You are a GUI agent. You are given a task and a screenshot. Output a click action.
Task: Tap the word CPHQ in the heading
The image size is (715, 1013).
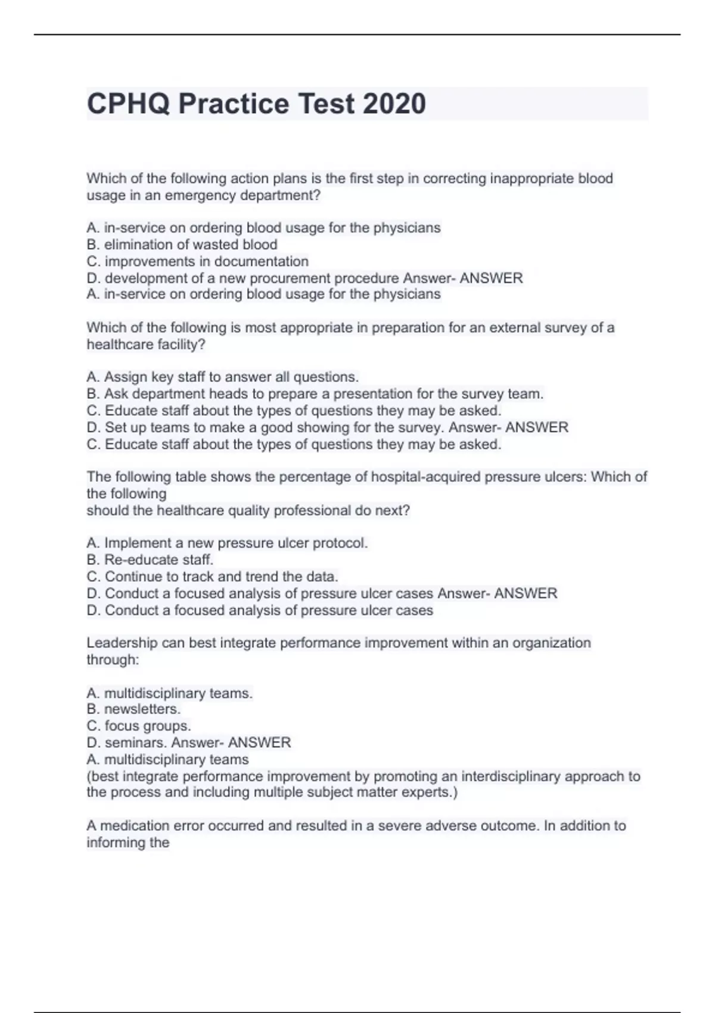[x=128, y=104]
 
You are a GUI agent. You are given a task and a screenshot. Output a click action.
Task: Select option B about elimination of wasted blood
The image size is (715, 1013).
[x=182, y=244]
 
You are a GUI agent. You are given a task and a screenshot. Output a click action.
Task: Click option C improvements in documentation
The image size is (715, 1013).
[x=197, y=261]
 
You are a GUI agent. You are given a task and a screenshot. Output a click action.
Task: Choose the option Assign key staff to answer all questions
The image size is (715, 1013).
[x=222, y=377]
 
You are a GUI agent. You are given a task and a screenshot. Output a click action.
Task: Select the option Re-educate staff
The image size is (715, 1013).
[x=150, y=560]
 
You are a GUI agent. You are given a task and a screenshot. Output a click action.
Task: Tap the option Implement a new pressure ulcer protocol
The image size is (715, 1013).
[x=227, y=543]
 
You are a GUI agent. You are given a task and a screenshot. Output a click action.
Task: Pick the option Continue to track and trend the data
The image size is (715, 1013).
[x=212, y=576]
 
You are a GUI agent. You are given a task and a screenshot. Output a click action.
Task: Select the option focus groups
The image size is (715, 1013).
[x=139, y=726]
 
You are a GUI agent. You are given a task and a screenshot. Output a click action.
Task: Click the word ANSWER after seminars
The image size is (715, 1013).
[x=260, y=742]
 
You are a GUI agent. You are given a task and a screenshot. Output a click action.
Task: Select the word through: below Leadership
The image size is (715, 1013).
[x=113, y=660]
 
